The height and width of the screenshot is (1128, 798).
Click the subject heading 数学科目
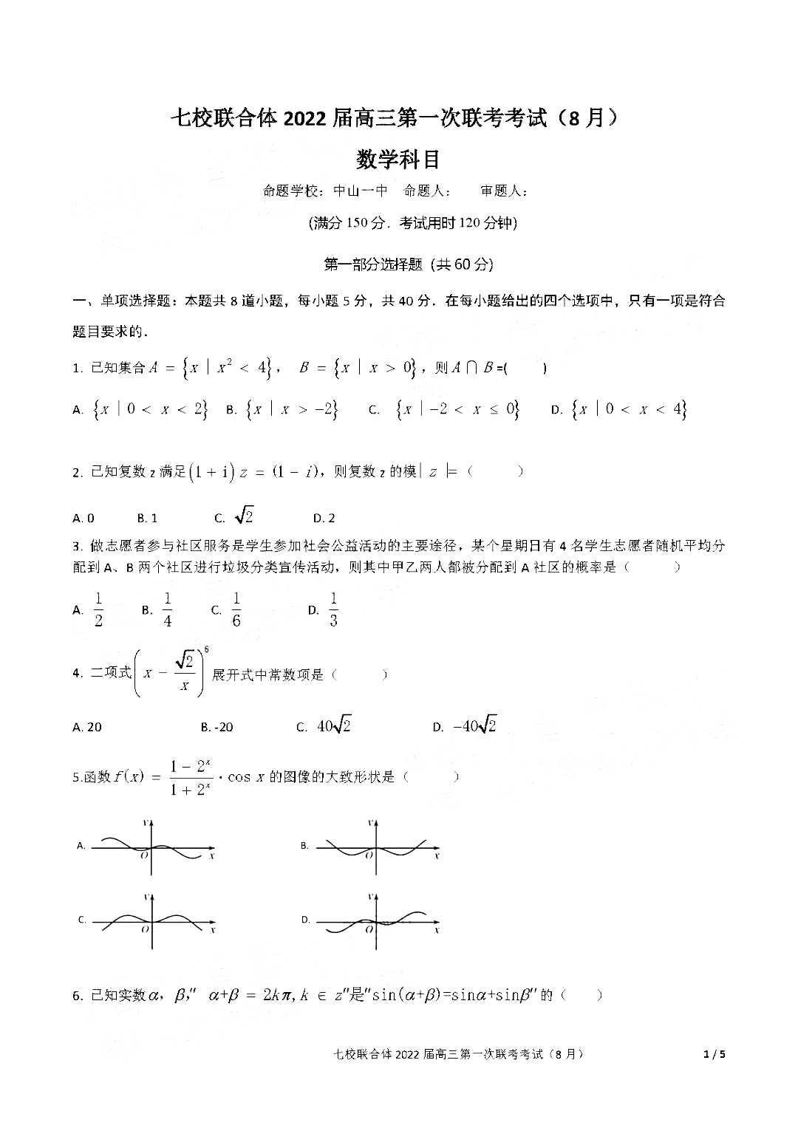pyautogui.click(x=398, y=159)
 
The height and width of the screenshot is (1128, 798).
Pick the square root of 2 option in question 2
pyautogui.click(x=243, y=516)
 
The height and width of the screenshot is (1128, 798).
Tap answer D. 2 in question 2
pyautogui.click(x=324, y=518)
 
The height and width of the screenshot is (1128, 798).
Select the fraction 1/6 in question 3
pyautogui.click(x=236, y=609)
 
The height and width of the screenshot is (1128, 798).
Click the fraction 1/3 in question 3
pyautogui.click(x=333, y=609)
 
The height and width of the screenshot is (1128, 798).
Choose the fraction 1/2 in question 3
pyautogui.click(x=98, y=609)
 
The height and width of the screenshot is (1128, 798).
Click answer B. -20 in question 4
pyautogui.click(x=216, y=727)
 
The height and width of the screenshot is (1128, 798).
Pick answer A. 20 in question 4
pyautogui.click(x=87, y=727)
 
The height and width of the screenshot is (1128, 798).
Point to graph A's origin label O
pyautogui.click(x=144, y=855)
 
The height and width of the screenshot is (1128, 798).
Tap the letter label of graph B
pyautogui.click(x=304, y=846)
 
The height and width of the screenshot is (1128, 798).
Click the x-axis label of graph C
pyautogui.click(x=213, y=930)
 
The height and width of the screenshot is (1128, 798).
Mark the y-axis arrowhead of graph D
pyautogui.click(x=376, y=897)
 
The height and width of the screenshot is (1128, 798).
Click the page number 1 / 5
pyautogui.click(x=715, y=1054)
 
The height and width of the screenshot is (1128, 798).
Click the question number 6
pyautogui.click(x=77, y=996)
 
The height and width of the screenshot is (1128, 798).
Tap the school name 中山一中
pyautogui.click(x=361, y=191)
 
